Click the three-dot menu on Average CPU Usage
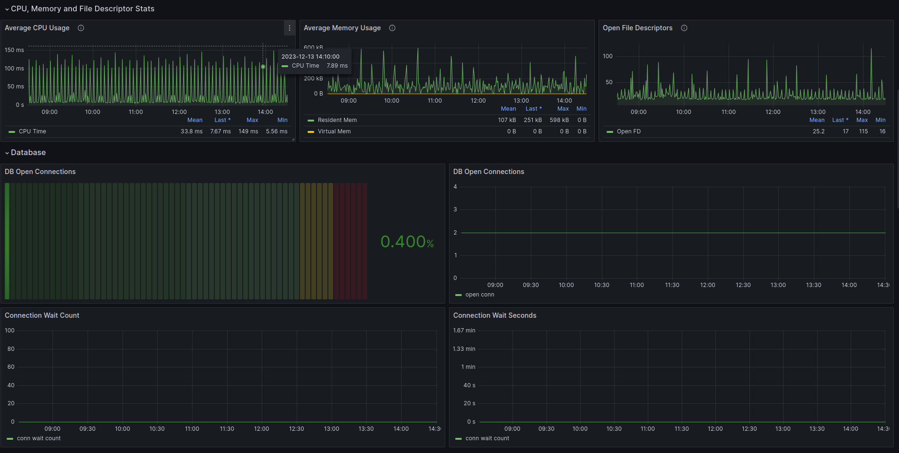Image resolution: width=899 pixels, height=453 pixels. pos(290,28)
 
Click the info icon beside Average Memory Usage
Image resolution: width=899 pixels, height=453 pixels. pos(392,28)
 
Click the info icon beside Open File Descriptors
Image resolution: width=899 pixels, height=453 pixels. pos(684,28)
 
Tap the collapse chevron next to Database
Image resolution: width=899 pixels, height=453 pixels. pos(7,153)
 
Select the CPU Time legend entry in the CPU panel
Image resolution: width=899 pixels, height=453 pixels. pos(32,131)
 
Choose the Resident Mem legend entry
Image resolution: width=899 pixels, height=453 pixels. pos(337,120)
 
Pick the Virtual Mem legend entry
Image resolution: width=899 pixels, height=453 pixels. pos(334,131)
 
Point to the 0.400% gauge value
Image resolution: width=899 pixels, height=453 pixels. pos(407,242)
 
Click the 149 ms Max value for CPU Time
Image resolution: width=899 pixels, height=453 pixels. pos(248,131)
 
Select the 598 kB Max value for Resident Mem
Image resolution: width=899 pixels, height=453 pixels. pos(559,120)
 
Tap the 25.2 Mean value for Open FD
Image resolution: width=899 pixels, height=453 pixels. pos(819,131)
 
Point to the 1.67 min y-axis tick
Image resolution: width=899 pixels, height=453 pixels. pos(464,331)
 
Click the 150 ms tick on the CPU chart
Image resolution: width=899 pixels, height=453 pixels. pos(14,50)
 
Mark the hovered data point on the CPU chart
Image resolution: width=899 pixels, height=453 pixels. pos(263,67)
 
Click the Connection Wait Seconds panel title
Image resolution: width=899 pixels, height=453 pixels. pos(495,315)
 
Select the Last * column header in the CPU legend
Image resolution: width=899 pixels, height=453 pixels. pos(222,120)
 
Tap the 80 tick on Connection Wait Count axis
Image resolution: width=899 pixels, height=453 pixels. pos(11,349)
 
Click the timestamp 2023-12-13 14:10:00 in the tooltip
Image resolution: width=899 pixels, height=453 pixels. pos(310,57)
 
